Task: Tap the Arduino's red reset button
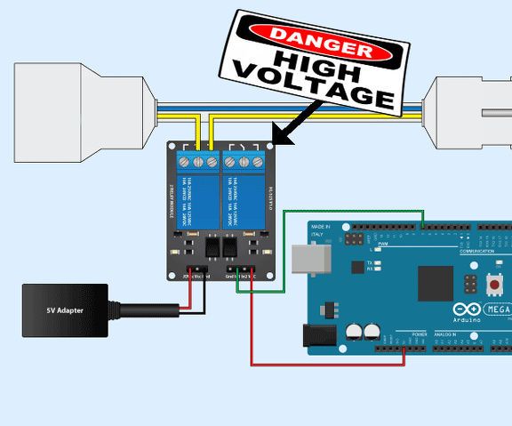(x=493, y=285)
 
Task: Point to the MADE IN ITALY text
(x=320, y=230)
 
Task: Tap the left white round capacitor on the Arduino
(x=354, y=331)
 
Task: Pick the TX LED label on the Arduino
(x=370, y=263)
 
